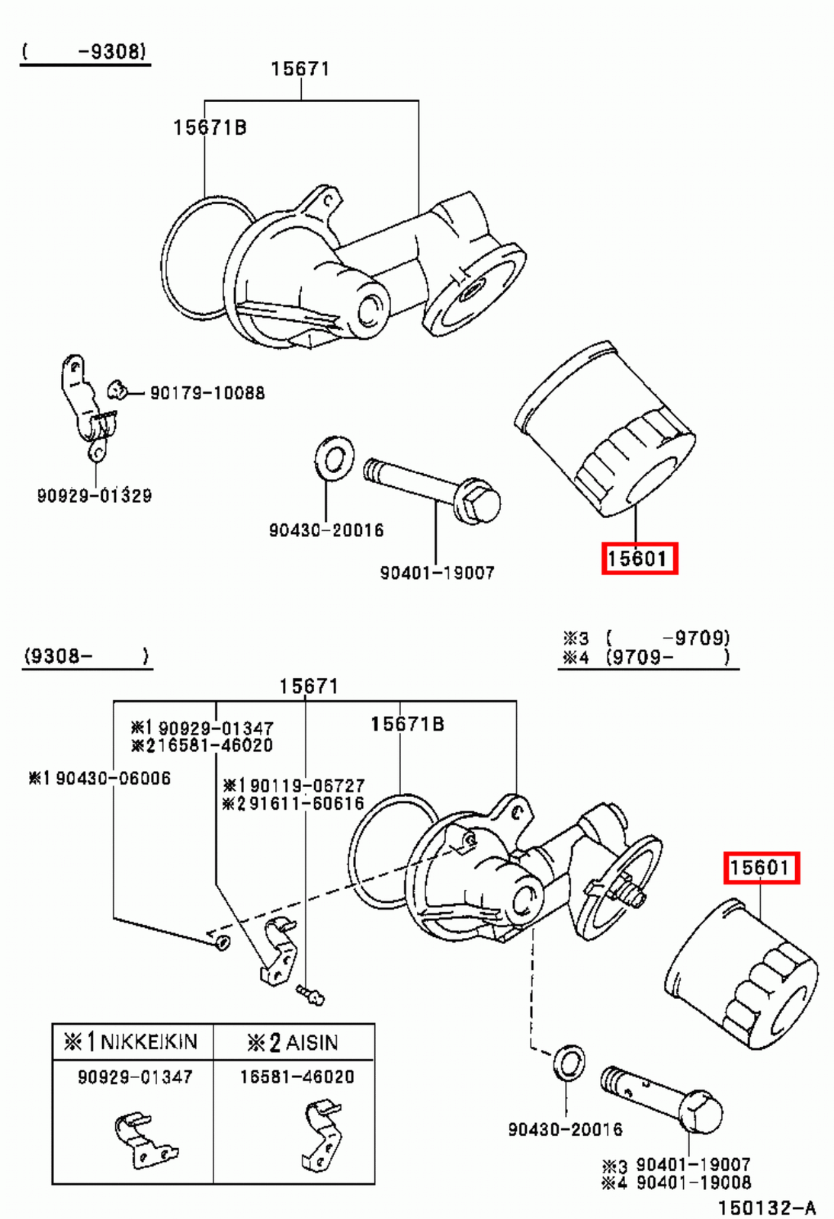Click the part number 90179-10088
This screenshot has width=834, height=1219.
pos(207,393)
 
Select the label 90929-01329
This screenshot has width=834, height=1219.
pos(95,496)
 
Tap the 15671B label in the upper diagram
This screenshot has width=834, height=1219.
pos(210,128)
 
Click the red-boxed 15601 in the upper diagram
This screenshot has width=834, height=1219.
pos(639,559)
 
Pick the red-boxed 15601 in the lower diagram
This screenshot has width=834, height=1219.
pos(761,868)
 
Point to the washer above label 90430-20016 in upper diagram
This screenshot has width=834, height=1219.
pos(334,459)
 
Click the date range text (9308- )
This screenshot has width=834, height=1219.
pos(85,656)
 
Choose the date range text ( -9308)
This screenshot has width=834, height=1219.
pos(84,52)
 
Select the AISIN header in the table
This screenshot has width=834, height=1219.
pos(294,1042)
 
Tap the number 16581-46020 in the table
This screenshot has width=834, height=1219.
pos(297,1077)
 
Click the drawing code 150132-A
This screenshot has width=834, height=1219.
pos(766,1208)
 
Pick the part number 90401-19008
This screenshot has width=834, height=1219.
pos(693,1183)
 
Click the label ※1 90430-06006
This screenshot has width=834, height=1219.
pos(99,778)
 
